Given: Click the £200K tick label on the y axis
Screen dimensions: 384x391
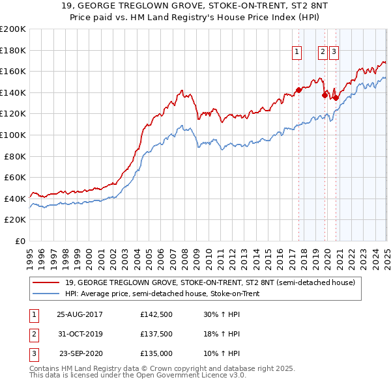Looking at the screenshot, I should click(x=13, y=29).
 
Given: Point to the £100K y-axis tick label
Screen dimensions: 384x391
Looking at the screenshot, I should click(x=13, y=135).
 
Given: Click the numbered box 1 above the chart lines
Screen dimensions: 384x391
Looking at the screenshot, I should click(x=297, y=53).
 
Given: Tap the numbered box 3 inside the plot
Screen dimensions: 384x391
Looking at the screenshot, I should click(x=334, y=53).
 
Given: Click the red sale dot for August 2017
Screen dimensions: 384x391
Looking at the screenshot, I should click(x=298, y=90).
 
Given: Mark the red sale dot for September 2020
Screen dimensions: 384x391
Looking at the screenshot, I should click(x=335, y=98).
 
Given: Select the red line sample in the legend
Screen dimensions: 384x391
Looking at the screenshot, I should click(x=46, y=282).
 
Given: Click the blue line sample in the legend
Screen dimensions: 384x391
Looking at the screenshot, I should click(x=46, y=294).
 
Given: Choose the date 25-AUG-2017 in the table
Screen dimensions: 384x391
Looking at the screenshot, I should click(x=80, y=314).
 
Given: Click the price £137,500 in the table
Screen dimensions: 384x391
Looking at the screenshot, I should click(x=156, y=334).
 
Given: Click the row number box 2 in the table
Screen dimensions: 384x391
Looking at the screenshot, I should click(x=33, y=334).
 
